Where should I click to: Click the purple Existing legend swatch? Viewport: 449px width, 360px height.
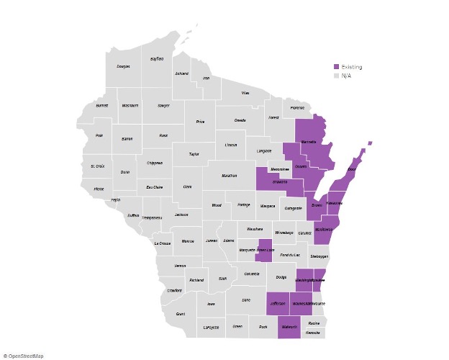tap(336, 67)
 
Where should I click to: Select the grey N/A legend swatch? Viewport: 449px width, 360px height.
tap(336, 76)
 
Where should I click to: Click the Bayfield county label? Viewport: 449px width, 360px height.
tap(156, 58)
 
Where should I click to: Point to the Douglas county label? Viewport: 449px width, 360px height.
tap(123, 66)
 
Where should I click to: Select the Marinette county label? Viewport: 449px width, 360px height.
tap(309, 142)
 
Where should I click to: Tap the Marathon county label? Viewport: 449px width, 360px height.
tap(229, 175)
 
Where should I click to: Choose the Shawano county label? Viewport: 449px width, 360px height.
tap(279, 182)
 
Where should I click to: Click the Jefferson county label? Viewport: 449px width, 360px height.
tap(278, 304)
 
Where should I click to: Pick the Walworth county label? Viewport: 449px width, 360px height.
tap(289, 327)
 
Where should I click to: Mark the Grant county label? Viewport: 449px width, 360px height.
tap(180, 314)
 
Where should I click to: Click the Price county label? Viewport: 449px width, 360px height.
tap(200, 122)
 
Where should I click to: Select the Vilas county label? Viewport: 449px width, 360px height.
tap(245, 93)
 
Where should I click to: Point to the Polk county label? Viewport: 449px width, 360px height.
tap(99, 135)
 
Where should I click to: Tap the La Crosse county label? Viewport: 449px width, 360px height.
tap(162, 243)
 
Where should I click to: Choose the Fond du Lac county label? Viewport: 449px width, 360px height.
tap(289, 255)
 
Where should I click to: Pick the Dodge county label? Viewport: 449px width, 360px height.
tap(281, 278)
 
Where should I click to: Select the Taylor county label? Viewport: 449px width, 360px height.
tap(194, 154)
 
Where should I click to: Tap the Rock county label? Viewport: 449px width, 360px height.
tap(263, 327)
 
